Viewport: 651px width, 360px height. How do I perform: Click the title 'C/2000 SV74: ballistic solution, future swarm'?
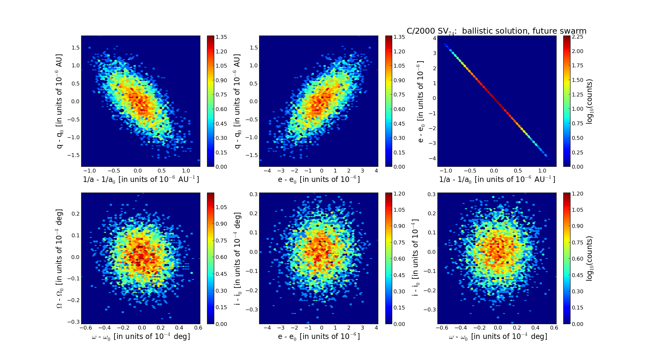pyautogui.click(x=496, y=31)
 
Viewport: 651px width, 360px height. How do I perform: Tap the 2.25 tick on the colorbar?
pyautogui.click(x=578, y=37)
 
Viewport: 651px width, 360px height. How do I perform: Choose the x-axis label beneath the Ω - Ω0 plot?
pyautogui.click(x=141, y=337)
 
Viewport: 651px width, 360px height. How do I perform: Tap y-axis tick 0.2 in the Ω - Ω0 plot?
pyautogui.click(x=75, y=214)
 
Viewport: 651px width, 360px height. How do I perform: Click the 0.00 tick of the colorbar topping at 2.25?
pyautogui.click(x=578, y=167)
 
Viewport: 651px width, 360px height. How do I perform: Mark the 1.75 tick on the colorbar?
pyautogui.click(x=578, y=66)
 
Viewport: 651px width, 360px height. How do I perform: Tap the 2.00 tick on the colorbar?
pyautogui.click(x=578, y=51)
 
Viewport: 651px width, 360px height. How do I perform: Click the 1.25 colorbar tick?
pyautogui.click(x=578, y=95)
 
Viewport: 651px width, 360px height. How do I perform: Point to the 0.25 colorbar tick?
pyautogui.click(x=578, y=152)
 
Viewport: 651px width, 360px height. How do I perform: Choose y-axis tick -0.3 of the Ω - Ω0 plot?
pyautogui.click(x=74, y=322)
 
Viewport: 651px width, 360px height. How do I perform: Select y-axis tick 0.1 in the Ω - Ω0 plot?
pyautogui.click(x=75, y=235)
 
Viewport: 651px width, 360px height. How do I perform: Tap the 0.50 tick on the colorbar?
pyautogui.click(x=578, y=138)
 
